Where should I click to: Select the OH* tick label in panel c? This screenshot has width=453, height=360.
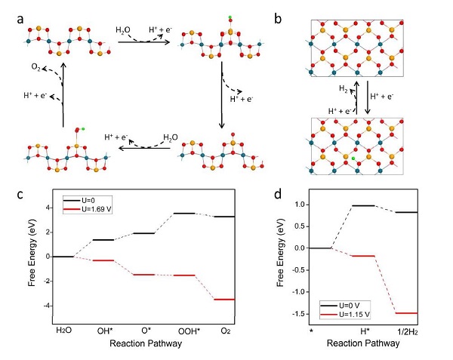(x=103, y=329)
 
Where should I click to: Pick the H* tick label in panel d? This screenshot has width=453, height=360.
(x=363, y=329)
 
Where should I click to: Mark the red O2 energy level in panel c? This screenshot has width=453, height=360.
(x=226, y=300)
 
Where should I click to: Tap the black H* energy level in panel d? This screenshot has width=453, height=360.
(x=363, y=205)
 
